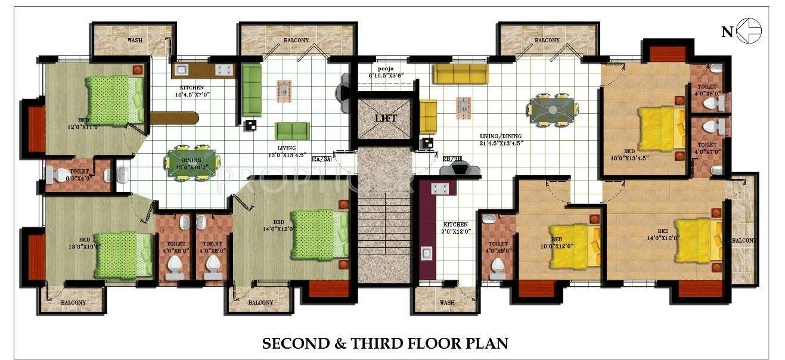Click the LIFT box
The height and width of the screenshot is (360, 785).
[385, 118]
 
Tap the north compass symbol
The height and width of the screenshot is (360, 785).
[748, 32]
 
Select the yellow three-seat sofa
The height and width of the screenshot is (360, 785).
[460, 74]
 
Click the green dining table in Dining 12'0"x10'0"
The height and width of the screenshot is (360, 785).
[192, 162]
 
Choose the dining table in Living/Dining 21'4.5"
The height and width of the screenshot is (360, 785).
[553, 110]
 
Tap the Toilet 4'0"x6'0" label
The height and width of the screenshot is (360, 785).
[708, 89]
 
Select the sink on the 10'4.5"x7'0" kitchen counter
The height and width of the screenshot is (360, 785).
[182, 70]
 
